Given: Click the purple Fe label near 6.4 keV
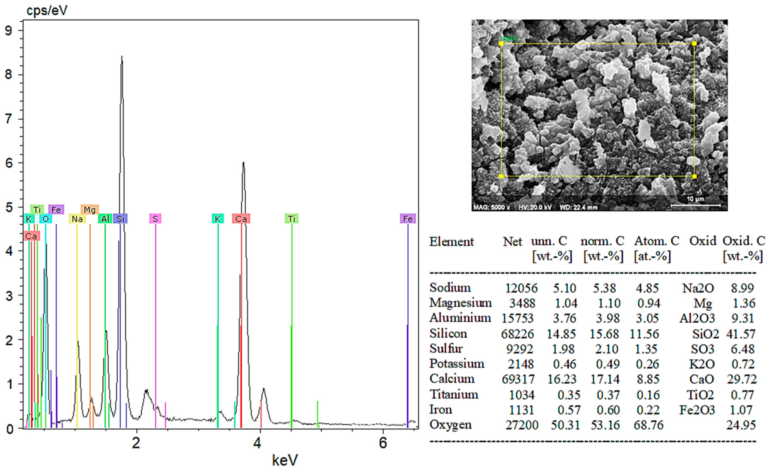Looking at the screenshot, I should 408,219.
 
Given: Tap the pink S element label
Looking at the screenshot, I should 155,219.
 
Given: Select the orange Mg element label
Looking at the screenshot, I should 90,210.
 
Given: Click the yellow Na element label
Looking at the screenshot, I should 77,219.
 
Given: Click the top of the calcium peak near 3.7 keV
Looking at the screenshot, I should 243,163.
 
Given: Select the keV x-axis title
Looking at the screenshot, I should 285,460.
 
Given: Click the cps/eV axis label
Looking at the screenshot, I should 47,11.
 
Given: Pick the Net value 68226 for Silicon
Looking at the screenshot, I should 517,334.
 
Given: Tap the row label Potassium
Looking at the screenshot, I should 457,364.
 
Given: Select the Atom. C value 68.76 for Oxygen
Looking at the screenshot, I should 649,425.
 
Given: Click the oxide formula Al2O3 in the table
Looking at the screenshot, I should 697,318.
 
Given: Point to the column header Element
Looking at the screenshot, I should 451,242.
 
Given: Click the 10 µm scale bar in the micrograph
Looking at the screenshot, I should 696,205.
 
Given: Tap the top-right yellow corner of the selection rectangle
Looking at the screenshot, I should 694,43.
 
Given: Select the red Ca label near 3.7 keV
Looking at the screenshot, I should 241,219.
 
